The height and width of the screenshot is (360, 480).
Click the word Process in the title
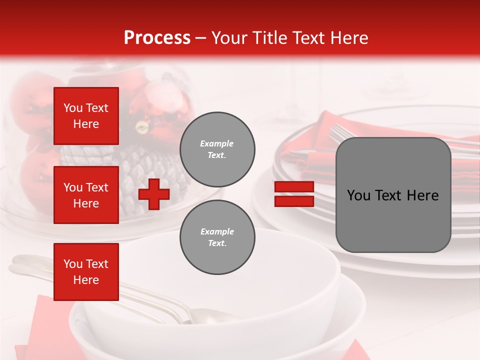pos(157,37)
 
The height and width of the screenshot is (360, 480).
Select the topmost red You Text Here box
pos(86,116)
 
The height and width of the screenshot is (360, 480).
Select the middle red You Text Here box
pos(86,195)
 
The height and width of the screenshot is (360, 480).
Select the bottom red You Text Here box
pos(86,272)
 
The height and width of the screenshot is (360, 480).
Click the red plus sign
pos(154,194)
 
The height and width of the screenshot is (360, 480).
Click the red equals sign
pos(294,194)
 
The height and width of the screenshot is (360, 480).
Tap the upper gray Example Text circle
pos(217,149)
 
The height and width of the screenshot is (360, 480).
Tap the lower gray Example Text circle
pos(217,237)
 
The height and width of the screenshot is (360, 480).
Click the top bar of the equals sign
pos(294,187)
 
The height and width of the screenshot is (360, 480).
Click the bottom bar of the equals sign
pos(294,201)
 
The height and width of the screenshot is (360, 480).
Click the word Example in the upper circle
pos(216,143)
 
